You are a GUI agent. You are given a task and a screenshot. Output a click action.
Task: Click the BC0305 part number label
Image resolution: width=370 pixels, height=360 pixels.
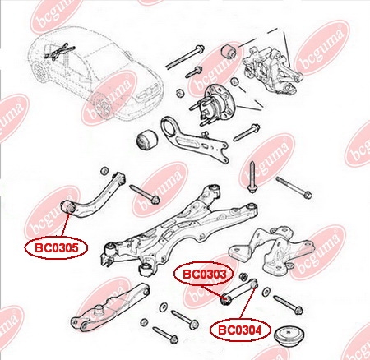[56, 248]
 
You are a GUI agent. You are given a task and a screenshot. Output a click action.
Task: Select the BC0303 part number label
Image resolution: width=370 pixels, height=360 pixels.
[204, 275]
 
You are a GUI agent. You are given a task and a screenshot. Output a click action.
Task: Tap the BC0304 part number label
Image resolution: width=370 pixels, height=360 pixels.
[240, 330]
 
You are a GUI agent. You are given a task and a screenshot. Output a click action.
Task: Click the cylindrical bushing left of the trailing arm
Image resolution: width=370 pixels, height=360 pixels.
[146, 141]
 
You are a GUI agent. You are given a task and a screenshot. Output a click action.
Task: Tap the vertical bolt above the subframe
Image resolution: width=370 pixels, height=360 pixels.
[252, 177]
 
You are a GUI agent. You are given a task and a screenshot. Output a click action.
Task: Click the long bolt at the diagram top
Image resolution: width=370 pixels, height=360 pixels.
[185, 57]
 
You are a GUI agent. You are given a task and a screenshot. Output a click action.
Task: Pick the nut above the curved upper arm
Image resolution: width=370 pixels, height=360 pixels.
[104, 171]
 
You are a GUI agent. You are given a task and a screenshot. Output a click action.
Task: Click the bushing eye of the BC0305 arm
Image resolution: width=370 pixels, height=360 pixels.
[68, 208]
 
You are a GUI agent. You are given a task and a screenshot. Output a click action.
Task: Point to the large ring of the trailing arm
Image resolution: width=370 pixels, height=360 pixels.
[169, 128]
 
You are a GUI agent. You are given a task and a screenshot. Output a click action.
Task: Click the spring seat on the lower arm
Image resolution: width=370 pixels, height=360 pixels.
[99, 310]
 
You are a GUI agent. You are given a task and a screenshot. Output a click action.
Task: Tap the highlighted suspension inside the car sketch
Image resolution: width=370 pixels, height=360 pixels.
[59, 51]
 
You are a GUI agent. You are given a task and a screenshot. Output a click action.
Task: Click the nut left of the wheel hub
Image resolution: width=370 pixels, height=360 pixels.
[179, 93]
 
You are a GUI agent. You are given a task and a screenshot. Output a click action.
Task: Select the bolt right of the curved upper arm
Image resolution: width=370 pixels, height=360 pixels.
[145, 194]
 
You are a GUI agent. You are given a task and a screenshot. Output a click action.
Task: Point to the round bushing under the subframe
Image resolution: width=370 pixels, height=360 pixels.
[147, 269]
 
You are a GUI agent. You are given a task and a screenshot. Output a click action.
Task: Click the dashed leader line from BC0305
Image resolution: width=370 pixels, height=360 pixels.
[65, 226]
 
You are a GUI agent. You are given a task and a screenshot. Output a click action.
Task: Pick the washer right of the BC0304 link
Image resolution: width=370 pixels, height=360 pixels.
[266, 292]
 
